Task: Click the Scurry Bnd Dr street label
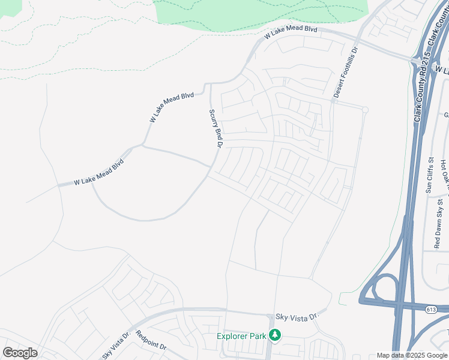216,128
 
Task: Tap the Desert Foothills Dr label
346,73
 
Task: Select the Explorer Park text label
241,336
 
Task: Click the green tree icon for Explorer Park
275,335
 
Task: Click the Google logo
20,353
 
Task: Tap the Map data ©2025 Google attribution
412,355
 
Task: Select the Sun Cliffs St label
430,175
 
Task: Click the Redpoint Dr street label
151,341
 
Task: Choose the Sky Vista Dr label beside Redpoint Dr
116,343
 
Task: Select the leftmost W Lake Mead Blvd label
98,172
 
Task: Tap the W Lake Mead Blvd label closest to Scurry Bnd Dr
172,107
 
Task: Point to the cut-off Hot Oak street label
444,171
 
